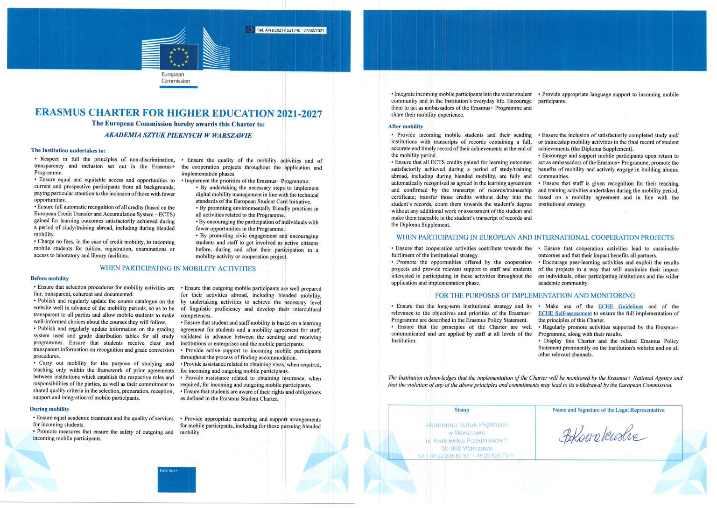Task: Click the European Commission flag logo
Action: click(178, 56)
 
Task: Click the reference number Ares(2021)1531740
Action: click(290, 30)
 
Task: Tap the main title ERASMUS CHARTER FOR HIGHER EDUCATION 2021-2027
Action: click(178, 113)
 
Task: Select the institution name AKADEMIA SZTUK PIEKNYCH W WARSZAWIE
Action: click(178, 135)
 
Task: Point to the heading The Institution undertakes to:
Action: click(68, 150)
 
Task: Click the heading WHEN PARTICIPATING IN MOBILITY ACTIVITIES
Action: click(177, 268)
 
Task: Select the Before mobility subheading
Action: click(49, 278)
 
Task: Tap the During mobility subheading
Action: click(49, 409)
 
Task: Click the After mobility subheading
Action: click(405, 126)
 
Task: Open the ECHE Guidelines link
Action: click(620, 306)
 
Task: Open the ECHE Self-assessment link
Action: click(565, 313)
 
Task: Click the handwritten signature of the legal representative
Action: click(602, 435)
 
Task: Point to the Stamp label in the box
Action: click(461, 410)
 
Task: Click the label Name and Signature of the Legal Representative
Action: click(608, 410)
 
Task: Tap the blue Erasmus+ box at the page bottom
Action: click(177, 479)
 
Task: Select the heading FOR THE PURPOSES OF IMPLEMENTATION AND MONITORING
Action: click(534, 295)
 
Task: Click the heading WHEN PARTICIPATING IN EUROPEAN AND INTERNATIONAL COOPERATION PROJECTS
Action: click(535, 237)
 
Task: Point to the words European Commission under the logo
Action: click(176, 78)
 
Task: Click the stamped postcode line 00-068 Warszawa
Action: click(466, 448)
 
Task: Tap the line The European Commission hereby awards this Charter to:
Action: click(178, 124)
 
